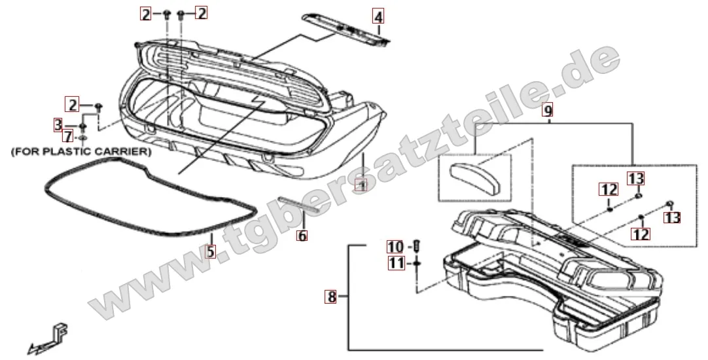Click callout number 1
tap(361, 185)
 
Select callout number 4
tap(378, 14)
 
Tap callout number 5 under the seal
tap(209, 251)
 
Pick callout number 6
tap(302, 236)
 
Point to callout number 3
tap(58, 124)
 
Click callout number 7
tap(67, 136)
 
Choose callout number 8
tap(332, 297)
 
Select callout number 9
tap(548, 111)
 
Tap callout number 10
tap(395, 247)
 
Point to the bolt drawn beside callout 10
tap(417, 247)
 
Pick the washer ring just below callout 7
tap(84, 139)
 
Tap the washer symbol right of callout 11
tap(416, 264)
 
